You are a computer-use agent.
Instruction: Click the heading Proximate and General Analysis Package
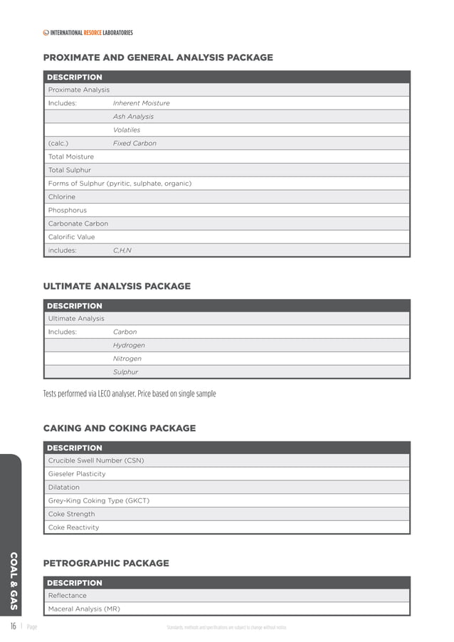point(158,58)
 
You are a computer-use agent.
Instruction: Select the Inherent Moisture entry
point(141,103)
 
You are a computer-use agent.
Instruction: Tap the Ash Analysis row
point(133,117)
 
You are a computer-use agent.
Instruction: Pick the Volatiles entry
point(127,130)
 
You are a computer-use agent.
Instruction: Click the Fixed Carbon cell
point(134,143)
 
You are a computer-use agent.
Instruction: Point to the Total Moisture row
point(70,157)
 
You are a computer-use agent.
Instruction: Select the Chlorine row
point(62,196)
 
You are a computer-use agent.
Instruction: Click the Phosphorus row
point(68,210)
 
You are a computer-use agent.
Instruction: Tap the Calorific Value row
point(71,237)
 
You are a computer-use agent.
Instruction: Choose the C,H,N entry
point(122,251)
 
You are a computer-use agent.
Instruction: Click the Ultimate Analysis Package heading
point(117,286)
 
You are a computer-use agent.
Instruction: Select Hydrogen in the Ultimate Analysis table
point(129,345)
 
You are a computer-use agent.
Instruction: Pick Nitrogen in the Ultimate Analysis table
point(127,359)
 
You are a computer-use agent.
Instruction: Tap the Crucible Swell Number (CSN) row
point(96,461)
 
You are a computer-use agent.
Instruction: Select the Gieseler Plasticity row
point(77,474)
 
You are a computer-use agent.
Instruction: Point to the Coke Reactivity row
point(73,527)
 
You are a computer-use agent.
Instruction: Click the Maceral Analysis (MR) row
point(84,609)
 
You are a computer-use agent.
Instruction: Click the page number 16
point(13,627)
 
